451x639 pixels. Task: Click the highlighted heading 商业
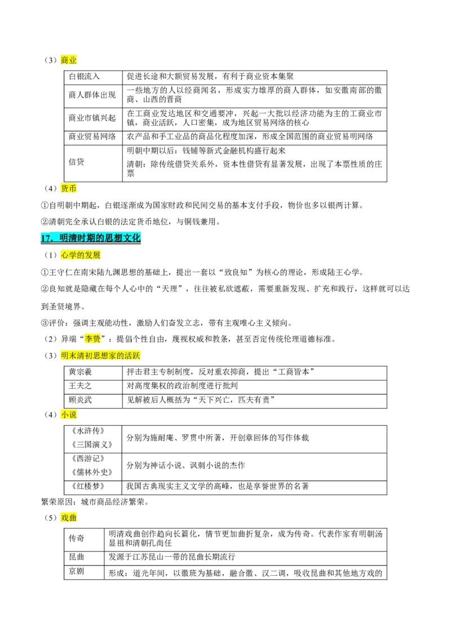pyautogui.click(x=68, y=60)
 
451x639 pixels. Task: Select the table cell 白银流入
pyautogui.click(x=84, y=77)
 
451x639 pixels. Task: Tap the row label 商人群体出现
pyautogui.click(x=92, y=95)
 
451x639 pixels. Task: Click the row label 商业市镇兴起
pyautogui.click(x=92, y=118)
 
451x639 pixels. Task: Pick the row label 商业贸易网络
pyautogui.click(x=92, y=137)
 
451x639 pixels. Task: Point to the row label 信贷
pyautogui.click(x=77, y=162)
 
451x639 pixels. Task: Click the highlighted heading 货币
pyautogui.click(x=68, y=189)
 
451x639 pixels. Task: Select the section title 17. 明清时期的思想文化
pyautogui.click(x=90, y=238)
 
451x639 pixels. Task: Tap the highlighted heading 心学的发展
pyautogui.click(x=81, y=255)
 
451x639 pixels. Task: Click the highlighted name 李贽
pyautogui.click(x=92, y=339)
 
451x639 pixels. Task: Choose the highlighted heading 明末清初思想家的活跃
pyautogui.click(x=100, y=356)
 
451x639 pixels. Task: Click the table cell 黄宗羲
pyautogui.click(x=80, y=372)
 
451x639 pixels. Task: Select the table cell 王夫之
pyautogui.click(x=80, y=386)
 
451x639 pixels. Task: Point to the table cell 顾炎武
pyautogui.click(x=80, y=400)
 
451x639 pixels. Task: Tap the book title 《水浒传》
pyautogui.click(x=89, y=431)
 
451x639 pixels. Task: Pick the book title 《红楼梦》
pyautogui.click(x=89, y=486)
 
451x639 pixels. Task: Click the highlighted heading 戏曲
pyautogui.click(x=68, y=518)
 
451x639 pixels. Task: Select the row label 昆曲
pyautogui.click(x=77, y=557)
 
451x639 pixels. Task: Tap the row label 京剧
pyautogui.click(x=77, y=571)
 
